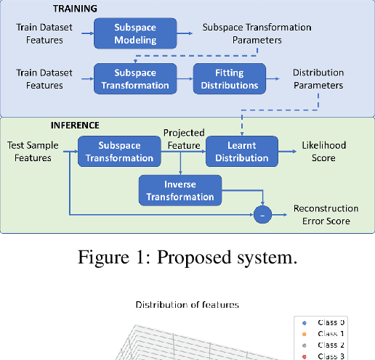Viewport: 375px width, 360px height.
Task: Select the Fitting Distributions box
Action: coord(228,79)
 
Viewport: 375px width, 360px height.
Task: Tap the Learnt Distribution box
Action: coord(237,151)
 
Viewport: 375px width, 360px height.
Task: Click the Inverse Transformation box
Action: coord(180,190)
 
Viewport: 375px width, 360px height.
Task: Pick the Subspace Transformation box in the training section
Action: coord(135,79)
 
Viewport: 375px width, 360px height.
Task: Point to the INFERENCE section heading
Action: coord(76,125)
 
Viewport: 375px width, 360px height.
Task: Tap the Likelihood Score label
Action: coord(324,151)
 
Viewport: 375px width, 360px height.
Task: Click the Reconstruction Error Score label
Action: coord(326,214)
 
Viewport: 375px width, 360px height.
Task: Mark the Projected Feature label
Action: coord(183,139)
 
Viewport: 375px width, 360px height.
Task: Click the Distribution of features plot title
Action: coord(187,305)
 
